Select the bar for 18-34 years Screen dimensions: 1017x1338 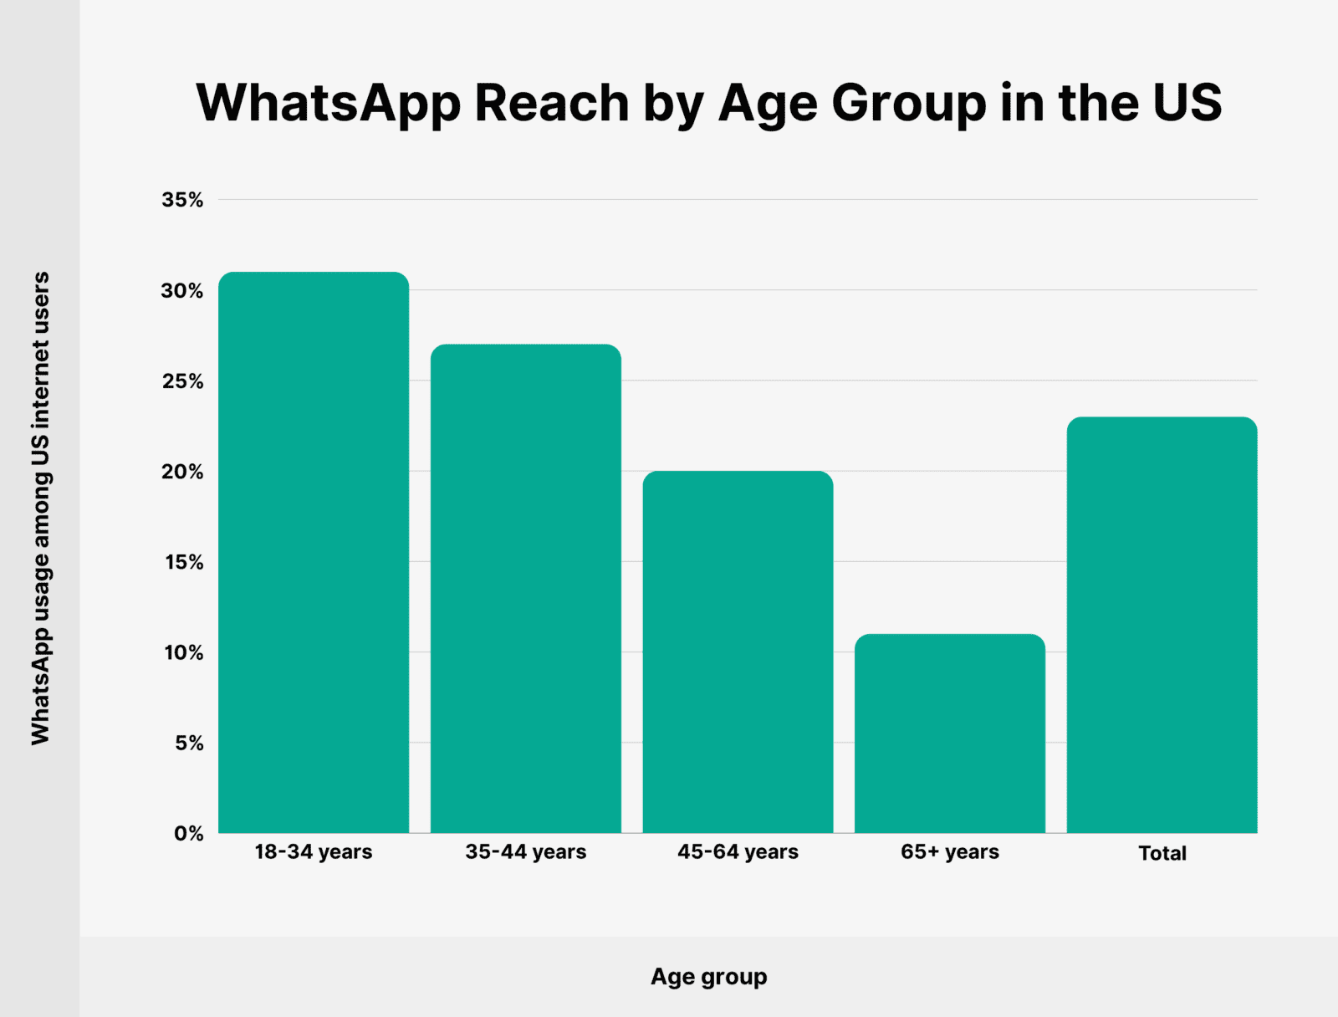(x=314, y=552)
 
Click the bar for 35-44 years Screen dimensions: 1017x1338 (x=525, y=588)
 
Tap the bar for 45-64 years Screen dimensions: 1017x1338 (x=738, y=652)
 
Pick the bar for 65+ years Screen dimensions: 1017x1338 (x=950, y=733)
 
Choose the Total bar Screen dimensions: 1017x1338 (x=1162, y=625)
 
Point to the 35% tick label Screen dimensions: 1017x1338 (x=182, y=200)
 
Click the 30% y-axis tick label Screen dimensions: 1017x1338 (x=182, y=291)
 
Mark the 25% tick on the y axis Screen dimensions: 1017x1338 (x=182, y=381)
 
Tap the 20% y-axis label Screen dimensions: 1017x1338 (x=182, y=472)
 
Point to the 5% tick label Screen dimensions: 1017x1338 (x=189, y=743)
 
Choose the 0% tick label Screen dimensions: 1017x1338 (x=189, y=834)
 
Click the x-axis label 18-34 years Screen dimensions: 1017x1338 (x=314, y=852)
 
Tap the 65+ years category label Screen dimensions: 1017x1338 (x=950, y=852)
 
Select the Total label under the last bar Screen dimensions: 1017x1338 (x=1162, y=853)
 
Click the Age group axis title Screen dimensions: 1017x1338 (x=709, y=977)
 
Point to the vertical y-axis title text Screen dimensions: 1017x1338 (x=40, y=508)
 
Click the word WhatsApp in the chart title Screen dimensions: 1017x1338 (x=329, y=103)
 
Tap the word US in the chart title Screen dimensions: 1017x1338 (x=1187, y=103)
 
